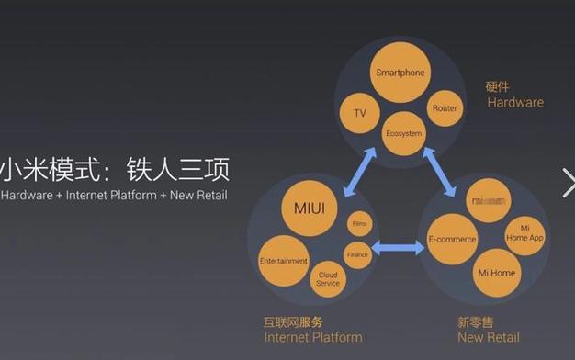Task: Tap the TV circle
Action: pyautogui.click(x=359, y=113)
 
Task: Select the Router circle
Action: pyautogui.click(x=445, y=108)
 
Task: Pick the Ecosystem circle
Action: pyautogui.click(x=403, y=134)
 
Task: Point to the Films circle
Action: pyautogui.click(x=359, y=223)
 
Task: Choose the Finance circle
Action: pyautogui.click(x=356, y=254)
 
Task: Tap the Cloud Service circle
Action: pyautogui.click(x=328, y=278)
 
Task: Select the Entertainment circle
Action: pyautogui.click(x=283, y=261)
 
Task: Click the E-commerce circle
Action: pyautogui.click(x=452, y=241)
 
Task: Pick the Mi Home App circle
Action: pyautogui.click(x=524, y=233)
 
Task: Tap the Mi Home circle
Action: pyautogui.click(x=496, y=273)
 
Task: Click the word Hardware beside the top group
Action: pyautogui.click(x=514, y=103)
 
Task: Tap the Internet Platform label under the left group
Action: pyautogui.click(x=313, y=338)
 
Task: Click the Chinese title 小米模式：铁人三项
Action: pyautogui.click(x=114, y=170)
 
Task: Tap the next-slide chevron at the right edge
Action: pyautogui.click(x=568, y=182)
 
